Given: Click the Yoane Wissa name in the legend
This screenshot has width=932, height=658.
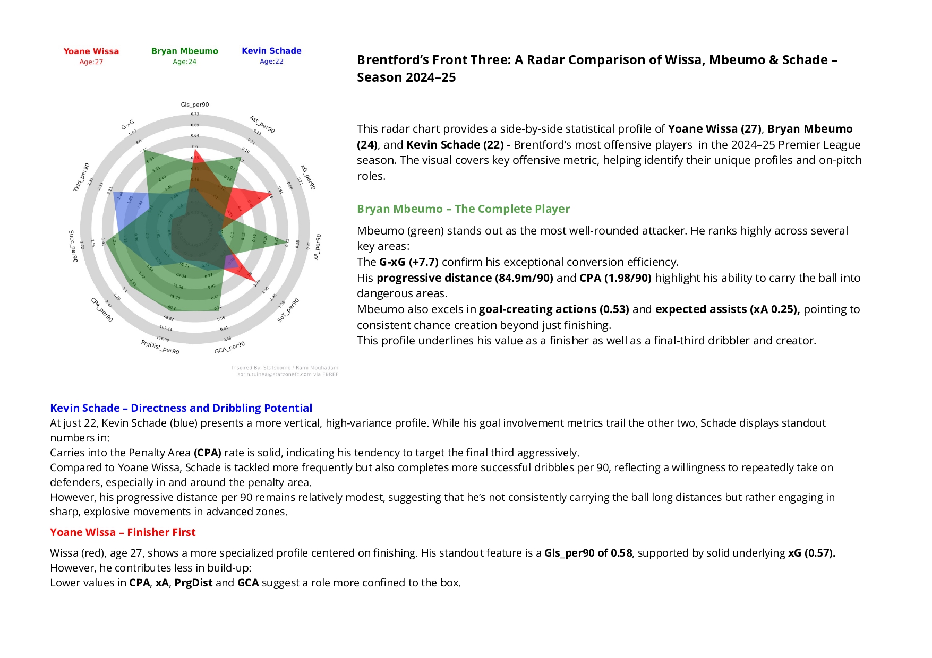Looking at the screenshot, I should point(91,51).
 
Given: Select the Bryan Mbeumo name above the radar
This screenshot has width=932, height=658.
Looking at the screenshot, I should point(184,51).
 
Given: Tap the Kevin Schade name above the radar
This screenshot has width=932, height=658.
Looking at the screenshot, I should point(271,51).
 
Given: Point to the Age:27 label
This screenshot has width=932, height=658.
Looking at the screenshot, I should point(91,62).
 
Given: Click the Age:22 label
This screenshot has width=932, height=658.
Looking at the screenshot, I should point(271,62).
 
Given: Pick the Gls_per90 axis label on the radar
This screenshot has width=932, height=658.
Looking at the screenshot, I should point(195,105).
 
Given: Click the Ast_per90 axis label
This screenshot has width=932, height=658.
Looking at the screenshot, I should point(262,124).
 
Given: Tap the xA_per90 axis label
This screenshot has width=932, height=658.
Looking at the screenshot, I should point(317,247).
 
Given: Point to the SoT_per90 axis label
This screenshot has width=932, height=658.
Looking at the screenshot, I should point(288,310).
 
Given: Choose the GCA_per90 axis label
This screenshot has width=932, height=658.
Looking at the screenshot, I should point(229,348).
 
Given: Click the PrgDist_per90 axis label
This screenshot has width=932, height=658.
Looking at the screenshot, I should point(160,348).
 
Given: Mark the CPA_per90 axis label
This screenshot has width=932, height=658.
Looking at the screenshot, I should point(102,310).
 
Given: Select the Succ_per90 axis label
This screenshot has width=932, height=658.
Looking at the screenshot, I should point(73,246).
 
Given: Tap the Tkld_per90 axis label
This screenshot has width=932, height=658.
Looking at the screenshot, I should point(81,177).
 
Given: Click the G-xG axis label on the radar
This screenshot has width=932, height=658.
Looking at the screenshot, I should point(128,125).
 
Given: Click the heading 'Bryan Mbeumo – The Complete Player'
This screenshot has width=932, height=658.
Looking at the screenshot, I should point(463,209).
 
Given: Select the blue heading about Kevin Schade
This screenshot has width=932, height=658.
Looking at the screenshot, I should point(181,408).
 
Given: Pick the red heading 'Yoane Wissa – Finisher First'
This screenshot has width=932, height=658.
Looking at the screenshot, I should point(123,532).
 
